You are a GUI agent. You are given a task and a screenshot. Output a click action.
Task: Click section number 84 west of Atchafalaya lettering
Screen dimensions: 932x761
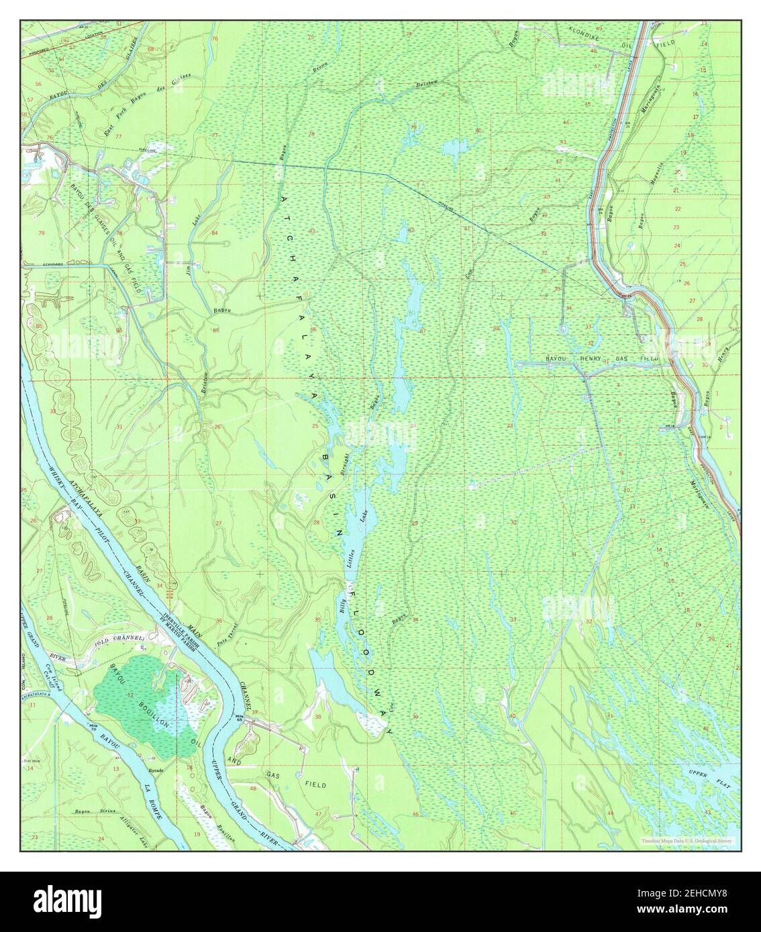(x=214, y=233)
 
